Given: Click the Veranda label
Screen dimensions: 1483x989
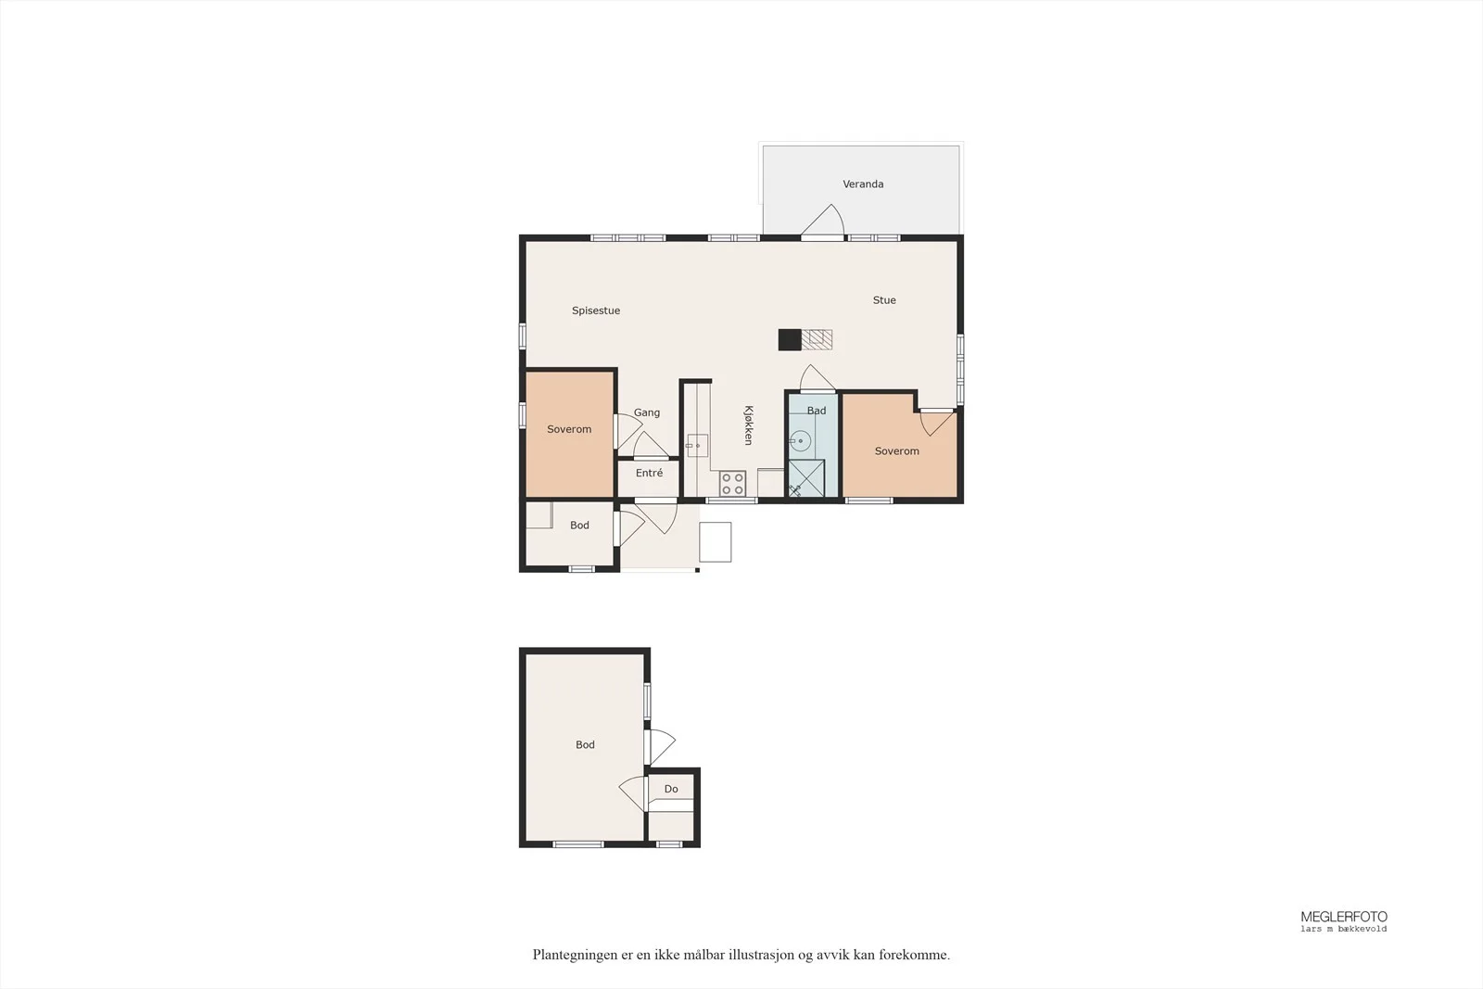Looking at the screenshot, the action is [x=863, y=184].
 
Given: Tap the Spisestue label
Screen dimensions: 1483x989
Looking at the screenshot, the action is [x=596, y=311].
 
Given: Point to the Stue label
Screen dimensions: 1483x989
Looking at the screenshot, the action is [x=884, y=300].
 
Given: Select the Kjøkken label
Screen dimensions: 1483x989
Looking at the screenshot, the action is [x=749, y=425].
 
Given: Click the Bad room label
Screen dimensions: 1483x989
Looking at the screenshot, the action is [x=817, y=411].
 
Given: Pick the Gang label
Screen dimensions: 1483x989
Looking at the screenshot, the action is [x=647, y=412].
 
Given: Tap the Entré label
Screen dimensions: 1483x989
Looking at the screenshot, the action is [x=649, y=473].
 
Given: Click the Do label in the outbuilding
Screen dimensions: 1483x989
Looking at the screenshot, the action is [x=671, y=789].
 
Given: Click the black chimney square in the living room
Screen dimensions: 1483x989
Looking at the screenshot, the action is [x=789, y=339].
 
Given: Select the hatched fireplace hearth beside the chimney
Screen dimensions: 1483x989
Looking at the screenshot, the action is [x=817, y=339].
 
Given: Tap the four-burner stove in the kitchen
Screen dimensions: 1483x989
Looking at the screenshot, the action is [x=733, y=483].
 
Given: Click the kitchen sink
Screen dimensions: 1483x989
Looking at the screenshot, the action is [x=696, y=446].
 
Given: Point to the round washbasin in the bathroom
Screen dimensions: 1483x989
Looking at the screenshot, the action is [x=800, y=441].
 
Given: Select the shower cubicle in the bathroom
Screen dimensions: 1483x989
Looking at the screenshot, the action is [x=805, y=477].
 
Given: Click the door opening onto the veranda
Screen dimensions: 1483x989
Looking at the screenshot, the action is [x=823, y=222].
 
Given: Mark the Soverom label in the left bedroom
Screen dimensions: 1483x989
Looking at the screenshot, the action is [x=569, y=429].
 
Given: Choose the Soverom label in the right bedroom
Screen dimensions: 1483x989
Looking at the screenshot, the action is [x=897, y=450].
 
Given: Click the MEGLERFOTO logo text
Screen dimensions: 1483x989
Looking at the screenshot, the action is [x=1344, y=917].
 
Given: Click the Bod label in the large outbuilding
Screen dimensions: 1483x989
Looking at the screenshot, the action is [x=585, y=744].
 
